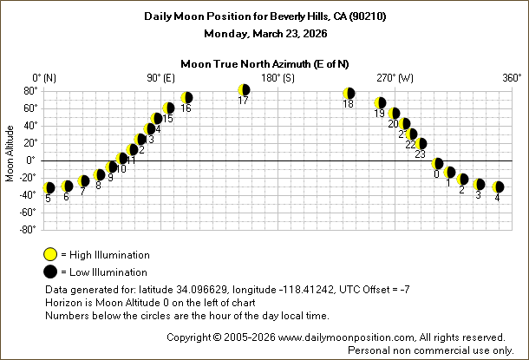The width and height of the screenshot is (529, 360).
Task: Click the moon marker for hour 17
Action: coord(244,90)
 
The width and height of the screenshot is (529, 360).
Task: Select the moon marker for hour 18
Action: coord(349,94)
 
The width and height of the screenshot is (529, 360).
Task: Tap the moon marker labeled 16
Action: coord(186,98)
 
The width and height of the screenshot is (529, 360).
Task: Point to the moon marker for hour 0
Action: coord(438,164)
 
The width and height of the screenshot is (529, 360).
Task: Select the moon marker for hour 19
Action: coord(380,103)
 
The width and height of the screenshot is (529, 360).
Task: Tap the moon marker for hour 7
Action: coord(83,181)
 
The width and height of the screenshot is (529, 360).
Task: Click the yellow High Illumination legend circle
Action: coord(51,255)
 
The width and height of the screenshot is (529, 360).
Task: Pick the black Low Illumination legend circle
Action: coord(51,272)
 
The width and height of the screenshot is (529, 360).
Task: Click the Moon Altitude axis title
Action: coord(10,160)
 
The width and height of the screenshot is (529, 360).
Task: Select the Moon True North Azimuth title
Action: coord(265,63)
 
